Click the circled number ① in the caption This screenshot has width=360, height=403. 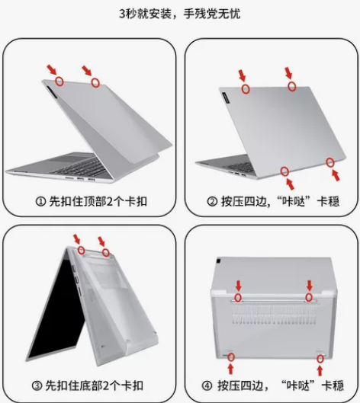tap(40, 202)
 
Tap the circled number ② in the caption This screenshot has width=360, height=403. tap(212, 202)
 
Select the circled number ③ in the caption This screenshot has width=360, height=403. tap(37, 385)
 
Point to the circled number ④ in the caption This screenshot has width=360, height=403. tap(207, 385)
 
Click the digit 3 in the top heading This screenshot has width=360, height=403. tap(122, 14)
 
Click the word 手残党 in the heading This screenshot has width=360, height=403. tap(201, 14)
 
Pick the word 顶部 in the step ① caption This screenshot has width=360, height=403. tap(92, 201)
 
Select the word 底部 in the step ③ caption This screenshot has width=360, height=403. tap(88, 385)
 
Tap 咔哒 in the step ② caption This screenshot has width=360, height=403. tap(294, 201)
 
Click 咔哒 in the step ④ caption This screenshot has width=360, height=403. tap(298, 385)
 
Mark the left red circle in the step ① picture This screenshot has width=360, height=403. tap(59, 82)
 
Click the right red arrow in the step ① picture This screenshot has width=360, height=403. tap(87, 71)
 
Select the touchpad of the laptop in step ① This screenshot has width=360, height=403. tap(71, 158)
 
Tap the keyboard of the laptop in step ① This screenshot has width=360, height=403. tap(84, 168)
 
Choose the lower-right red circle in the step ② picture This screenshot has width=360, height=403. tap(330, 162)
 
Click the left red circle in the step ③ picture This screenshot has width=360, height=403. tap(82, 250)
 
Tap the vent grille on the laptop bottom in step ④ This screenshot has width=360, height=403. tap(275, 315)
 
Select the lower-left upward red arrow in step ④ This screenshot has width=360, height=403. tap(230, 369)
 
